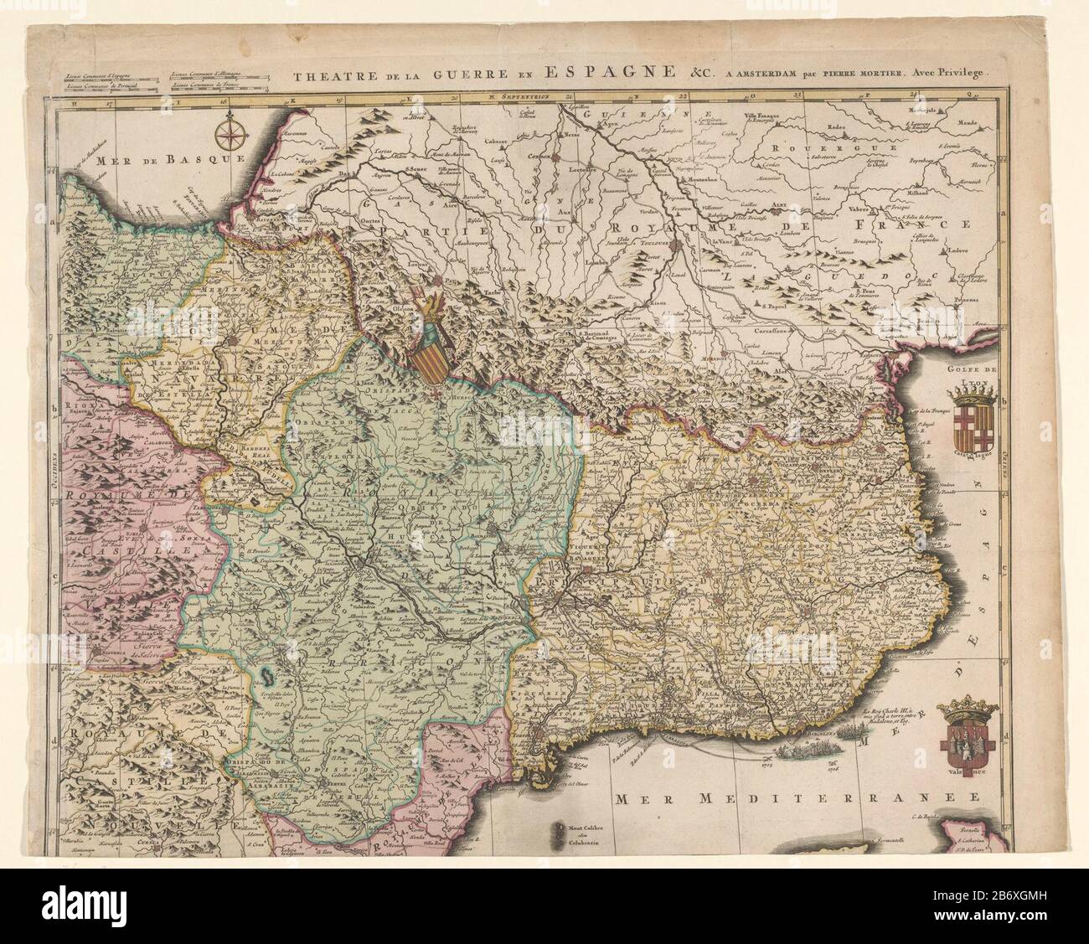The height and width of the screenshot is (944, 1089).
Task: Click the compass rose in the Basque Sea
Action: (x=226, y=132)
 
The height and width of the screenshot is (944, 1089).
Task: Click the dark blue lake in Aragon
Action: (x=266, y=673)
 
